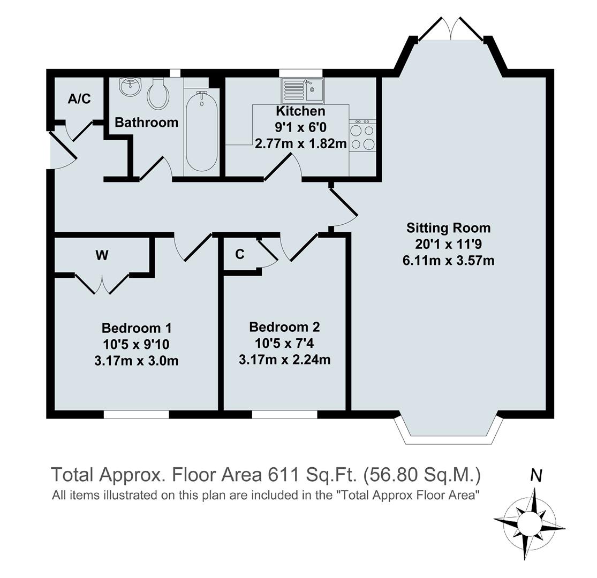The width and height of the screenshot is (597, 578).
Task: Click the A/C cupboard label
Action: (x=79, y=98)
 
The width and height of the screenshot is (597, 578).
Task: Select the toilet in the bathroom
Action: (x=158, y=94)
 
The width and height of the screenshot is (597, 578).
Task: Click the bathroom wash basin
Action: (x=130, y=86)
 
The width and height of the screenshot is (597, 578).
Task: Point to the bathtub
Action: (x=201, y=131)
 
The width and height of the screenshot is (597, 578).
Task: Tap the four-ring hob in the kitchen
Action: (x=362, y=137)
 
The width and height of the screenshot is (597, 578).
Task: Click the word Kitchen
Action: (x=300, y=111)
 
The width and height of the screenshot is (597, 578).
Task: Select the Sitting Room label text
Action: (x=448, y=228)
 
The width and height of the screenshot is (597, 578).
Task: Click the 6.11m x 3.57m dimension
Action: (x=448, y=261)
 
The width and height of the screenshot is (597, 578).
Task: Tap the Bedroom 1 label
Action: (x=137, y=328)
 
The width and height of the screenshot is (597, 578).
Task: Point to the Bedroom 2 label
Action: (x=284, y=326)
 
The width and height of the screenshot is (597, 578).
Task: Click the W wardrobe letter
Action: (x=102, y=255)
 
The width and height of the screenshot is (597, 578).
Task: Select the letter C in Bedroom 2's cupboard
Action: (x=240, y=254)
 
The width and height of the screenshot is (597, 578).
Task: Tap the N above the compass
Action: (x=536, y=475)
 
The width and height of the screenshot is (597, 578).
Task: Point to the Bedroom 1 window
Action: (x=136, y=414)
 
